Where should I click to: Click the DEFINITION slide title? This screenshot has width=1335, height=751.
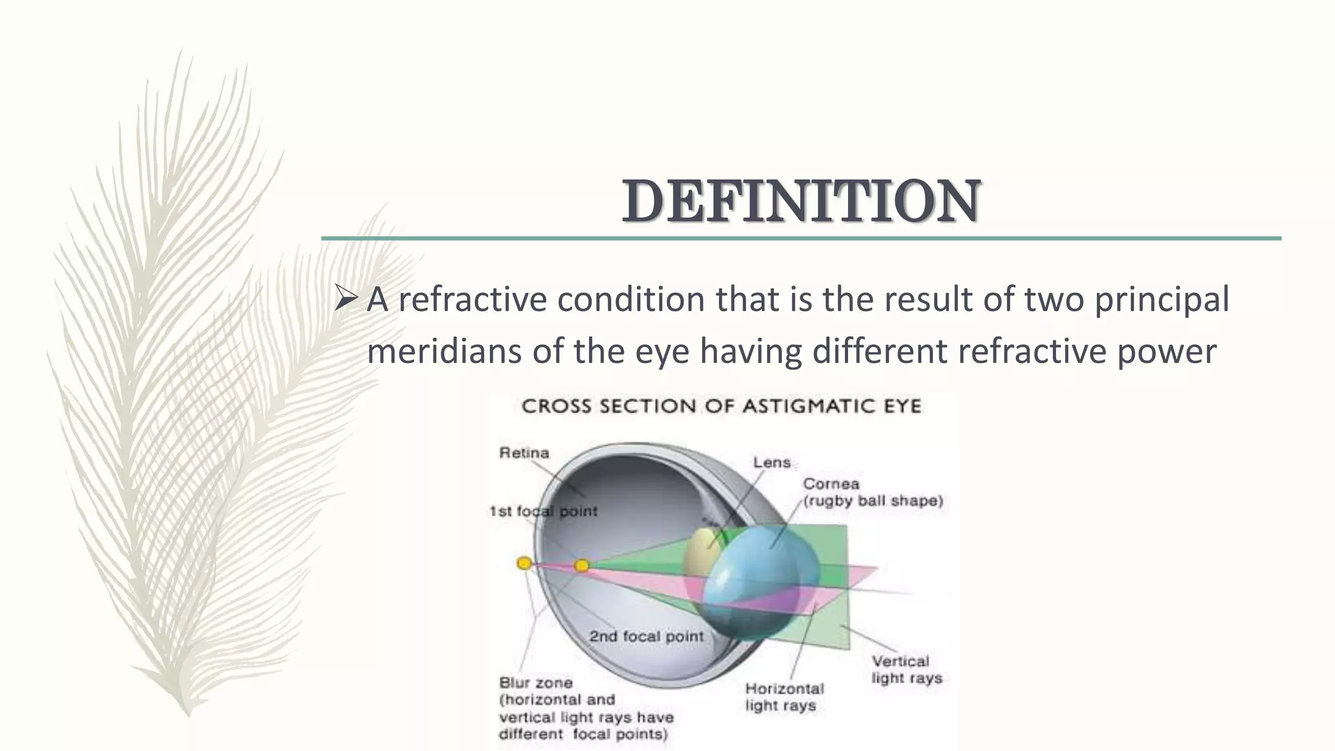coord(801,201)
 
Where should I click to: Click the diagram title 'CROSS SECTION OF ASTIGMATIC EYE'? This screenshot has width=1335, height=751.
coord(722,407)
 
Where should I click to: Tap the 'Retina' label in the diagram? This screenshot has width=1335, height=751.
coord(524,452)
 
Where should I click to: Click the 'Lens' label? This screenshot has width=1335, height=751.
coord(772,462)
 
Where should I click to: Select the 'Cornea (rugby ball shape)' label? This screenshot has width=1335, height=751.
coord(873,492)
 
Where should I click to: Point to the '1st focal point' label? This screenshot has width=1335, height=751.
coord(543,511)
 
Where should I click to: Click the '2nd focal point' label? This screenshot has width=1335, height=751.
coord(646,636)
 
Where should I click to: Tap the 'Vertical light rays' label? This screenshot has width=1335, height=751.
coord(907,670)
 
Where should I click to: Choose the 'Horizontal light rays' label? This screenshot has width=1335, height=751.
coord(784,697)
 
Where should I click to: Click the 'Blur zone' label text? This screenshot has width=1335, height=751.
coord(536,683)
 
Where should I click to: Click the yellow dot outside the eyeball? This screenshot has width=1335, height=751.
coord(524,563)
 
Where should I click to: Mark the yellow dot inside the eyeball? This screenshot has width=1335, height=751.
coord(582,565)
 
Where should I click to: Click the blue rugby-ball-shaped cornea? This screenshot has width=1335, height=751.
coord(763,574)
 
